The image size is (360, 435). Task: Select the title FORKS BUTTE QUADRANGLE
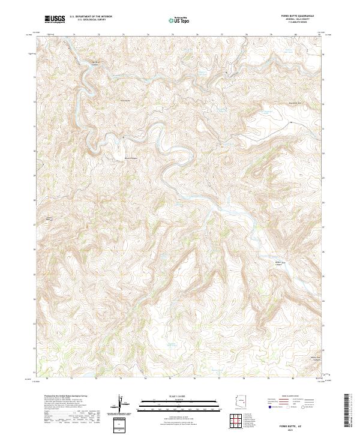pyautogui.click(x=301, y=17)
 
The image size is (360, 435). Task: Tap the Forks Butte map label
pyautogui.click(x=125, y=100)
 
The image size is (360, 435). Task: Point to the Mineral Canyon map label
pyautogui.click(x=131, y=158)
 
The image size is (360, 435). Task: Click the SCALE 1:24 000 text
pyautogui.click(x=171, y=397)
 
